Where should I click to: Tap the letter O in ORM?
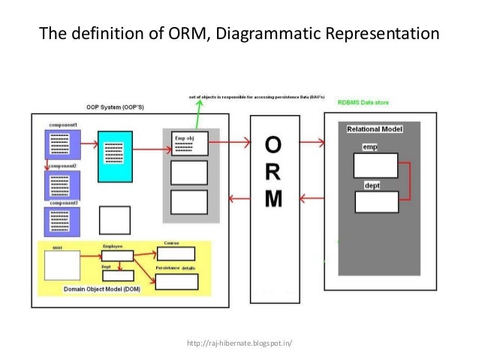(274, 145)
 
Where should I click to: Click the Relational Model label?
(375, 129)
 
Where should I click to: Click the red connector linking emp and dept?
(408, 181)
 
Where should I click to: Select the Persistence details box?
(176, 281)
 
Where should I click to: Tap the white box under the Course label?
(176, 254)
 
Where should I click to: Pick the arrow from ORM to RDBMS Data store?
(311, 140)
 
